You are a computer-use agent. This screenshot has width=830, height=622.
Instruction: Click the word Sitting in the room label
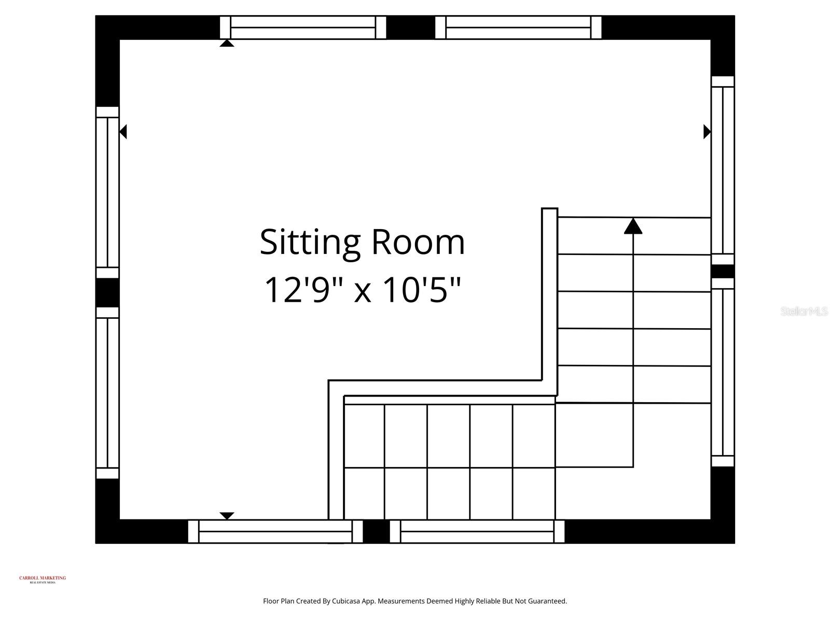pyautogui.click(x=310, y=242)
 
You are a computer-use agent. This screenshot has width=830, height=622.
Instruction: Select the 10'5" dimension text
pyautogui.click(x=421, y=290)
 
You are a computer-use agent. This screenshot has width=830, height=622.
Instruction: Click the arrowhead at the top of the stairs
pyautogui.click(x=633, y=227)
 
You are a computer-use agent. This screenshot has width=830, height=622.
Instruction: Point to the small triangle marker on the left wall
pyautogui.click(x=123, y=132)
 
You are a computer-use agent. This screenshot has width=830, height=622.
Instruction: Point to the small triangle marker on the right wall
pyautogui.click(x=707, y=132)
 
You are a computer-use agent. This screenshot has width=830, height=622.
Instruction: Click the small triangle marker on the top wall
pyautogui.click(x=227, y=43)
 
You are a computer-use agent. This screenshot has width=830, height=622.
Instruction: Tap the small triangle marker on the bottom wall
pyautogui.click(x=227, y=515)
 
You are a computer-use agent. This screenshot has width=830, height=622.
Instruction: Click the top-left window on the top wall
pyautogui.click(x=303, y=27)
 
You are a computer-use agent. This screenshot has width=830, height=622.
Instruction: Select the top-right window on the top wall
pyautogui.click(x=518, y=27)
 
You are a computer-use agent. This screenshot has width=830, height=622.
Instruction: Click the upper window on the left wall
pyautogui.click(x=107, y=192)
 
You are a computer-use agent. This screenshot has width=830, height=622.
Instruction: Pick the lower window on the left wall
pyautogui.click(x=107, y=393)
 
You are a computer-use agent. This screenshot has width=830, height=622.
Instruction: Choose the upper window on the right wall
pyautogui.click(x=723, y=171)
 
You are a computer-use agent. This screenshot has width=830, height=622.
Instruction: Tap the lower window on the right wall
pyautogui.click(x=723, y=372)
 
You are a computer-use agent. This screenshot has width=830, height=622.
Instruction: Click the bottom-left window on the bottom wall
pyautogui.click(x=275, y=531)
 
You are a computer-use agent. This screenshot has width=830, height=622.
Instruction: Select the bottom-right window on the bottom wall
pyautogui.click(x=477, y=531)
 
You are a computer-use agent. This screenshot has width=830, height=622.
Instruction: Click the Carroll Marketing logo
pyautogui.click(x=43, y=579)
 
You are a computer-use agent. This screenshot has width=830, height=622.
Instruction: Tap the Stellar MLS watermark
pyautogui.click(x=804, y=312)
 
